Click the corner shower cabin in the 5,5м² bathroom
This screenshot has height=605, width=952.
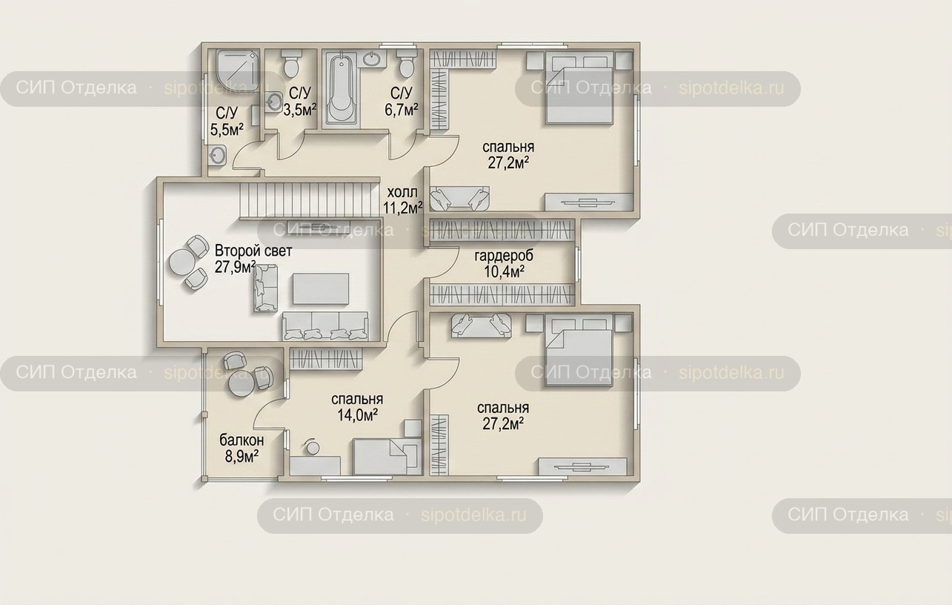237,70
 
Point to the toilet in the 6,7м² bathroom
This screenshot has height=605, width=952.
407,63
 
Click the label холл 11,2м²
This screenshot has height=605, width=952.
402,200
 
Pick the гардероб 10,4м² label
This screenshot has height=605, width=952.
504,264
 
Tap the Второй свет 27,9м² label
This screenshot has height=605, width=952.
253,259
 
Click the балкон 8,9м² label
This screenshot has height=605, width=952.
242,448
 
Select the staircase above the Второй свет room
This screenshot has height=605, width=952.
309,200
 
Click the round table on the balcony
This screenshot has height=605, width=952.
242,384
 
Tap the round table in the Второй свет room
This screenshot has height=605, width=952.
182,262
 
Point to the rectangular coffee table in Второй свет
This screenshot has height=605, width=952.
321,289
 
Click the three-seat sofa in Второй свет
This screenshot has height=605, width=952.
325,326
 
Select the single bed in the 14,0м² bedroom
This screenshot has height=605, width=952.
387,457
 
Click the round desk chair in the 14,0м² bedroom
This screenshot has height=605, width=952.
313,447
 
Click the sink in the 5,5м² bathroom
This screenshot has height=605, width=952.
217,154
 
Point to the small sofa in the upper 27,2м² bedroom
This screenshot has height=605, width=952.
459,198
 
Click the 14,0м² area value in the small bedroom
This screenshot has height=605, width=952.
357,414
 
